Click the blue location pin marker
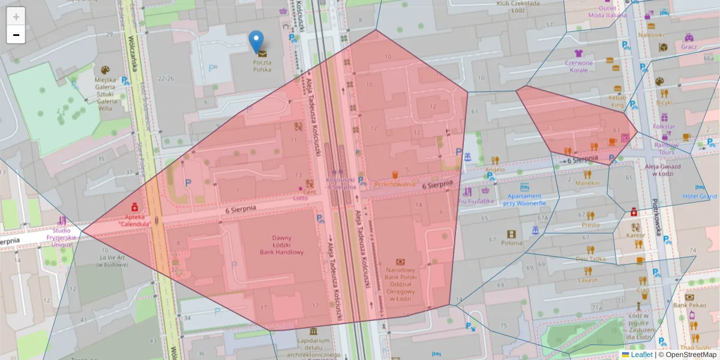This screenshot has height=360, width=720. point(256,41)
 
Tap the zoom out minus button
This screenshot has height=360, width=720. point(16,35)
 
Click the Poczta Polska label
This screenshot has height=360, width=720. point(262,65)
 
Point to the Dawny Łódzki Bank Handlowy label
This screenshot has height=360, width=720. point(281,245)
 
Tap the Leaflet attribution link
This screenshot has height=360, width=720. point(641,355)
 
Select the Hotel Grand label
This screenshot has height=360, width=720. point(700,196)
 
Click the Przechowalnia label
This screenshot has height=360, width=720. point(395,184)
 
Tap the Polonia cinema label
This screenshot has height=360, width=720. point(511,242)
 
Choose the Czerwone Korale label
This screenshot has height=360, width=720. point(578,66)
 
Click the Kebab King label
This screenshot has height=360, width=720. point(617,101)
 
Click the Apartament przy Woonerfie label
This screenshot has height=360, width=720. point(524,199)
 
